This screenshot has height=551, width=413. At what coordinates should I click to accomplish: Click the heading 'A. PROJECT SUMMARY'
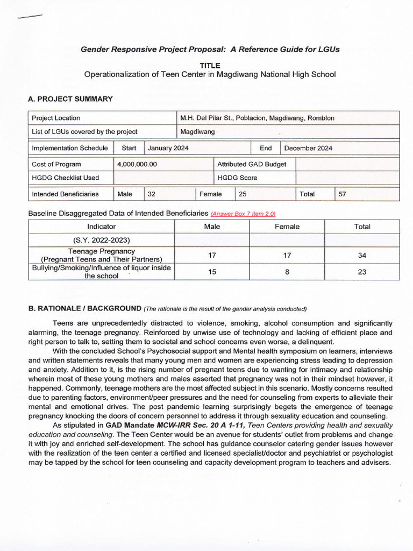coord(70,99)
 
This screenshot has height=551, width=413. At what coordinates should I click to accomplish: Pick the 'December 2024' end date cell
coord(309,148)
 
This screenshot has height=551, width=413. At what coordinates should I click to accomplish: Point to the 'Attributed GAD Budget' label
coord(251,164)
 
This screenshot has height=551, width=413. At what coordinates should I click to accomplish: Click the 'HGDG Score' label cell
coord(237,178)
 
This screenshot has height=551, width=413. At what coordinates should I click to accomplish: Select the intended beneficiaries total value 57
coord(343,194)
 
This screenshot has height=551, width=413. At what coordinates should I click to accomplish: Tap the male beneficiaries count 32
coord(152,194)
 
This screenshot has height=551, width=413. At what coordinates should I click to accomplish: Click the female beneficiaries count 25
coord(243,194)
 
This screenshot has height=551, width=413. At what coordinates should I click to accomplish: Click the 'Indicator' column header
coord(102,227)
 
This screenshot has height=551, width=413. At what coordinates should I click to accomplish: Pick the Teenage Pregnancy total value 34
coord(362,256)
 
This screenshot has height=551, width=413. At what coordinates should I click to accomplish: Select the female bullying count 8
coord(287,272)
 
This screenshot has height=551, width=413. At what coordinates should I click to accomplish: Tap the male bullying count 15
coord(212,272)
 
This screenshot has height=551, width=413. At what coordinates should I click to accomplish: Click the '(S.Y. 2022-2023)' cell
coord(102,241)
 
